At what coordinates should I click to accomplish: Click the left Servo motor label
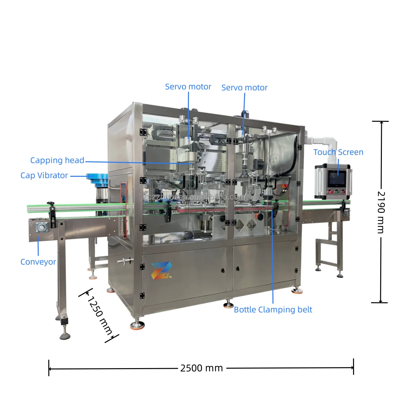[188, 87]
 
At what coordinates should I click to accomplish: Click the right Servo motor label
[244, 88]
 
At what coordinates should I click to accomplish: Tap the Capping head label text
[57, 160]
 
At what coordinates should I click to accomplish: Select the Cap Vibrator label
[44, 176]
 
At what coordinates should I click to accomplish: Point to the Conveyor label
[38, 262]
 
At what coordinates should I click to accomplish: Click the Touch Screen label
[338, 152]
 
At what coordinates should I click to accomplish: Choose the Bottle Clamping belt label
[273, 309]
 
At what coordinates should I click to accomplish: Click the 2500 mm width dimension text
[201, 368]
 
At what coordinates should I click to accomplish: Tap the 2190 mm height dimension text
[381, 212]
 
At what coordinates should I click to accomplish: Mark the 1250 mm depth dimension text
[100, 316]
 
